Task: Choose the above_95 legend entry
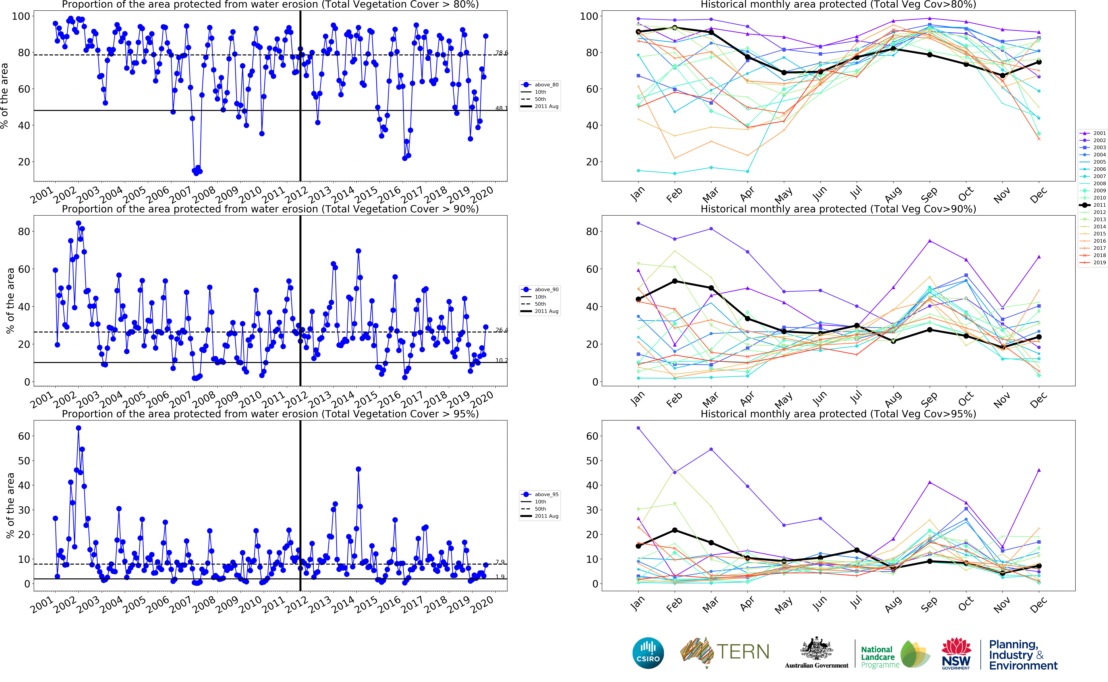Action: (540, 494)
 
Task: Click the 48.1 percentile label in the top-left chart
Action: (501, 108)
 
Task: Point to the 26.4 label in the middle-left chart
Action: (501, 330)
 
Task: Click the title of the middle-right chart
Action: (838, 209)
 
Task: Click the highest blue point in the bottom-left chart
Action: (78, 428)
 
